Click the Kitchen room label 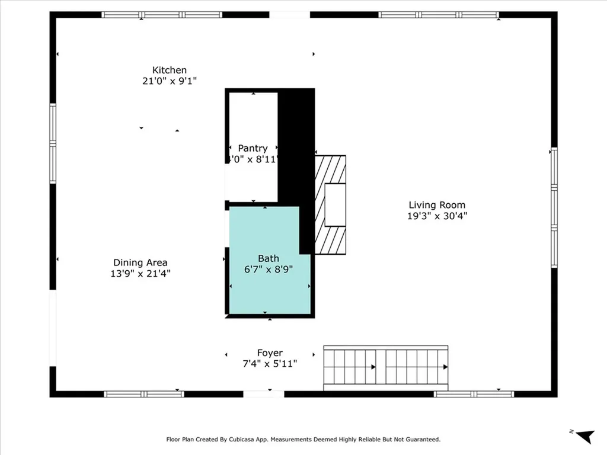[170, 70]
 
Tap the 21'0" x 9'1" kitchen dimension [170, 81]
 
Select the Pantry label [253, 148]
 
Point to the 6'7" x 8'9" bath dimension [269, 269]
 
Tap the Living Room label [436, 205]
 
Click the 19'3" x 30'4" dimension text [437, 216]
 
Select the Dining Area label [140, 262]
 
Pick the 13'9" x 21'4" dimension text [140, 274]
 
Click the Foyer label [270, 353]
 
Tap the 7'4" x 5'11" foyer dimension [270, 364]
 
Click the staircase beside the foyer [385, 367]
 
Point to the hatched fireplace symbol [330, 204]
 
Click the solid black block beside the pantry [296, 148]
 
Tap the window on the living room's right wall [554, 207]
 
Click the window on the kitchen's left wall [53, 143]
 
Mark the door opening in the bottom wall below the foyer [264, 394]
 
